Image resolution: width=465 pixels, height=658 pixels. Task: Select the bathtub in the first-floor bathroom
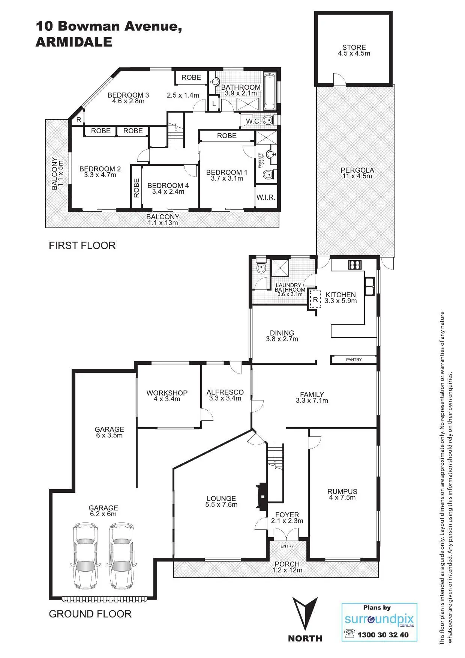(x=270, y=91)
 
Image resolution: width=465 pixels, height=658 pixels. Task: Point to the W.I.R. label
(x=266, y=197)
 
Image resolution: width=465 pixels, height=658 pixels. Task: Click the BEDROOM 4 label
(x=168, y=185)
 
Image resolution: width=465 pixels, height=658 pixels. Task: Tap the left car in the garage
(x=85, y=556)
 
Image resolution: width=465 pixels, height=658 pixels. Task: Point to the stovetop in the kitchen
(x=354, y=265)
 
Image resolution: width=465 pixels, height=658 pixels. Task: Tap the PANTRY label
(x=354, y=360)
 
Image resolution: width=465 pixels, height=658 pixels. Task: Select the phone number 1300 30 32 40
(x=383, y=635)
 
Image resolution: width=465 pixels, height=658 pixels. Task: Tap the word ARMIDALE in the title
(x=74, y=42)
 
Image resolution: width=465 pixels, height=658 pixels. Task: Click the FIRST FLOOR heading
(x=82, y=245)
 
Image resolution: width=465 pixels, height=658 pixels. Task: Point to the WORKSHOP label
(x=167, y=393)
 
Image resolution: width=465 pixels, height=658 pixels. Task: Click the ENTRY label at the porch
(x=287, y=546)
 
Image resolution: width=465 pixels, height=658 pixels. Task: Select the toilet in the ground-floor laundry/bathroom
(x=261, y=268)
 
